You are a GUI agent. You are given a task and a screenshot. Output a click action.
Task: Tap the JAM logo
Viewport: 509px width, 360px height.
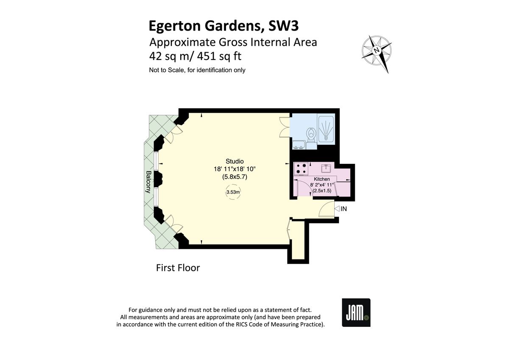[x=356, y=312]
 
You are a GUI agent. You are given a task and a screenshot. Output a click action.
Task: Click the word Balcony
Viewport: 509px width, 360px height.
[x=148, y=182]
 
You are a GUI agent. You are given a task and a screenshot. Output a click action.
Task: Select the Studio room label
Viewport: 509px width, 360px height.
[x=235, y=161]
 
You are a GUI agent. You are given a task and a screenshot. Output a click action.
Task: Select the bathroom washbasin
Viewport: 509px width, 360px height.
[x=298, y=145]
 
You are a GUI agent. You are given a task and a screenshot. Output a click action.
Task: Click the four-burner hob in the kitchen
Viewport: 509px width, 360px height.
[x=302, y=169]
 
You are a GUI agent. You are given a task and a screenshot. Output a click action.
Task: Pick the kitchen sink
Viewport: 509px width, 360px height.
[x=327, y=168]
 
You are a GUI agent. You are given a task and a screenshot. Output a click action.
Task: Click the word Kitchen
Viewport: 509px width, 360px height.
[x=322, y=180]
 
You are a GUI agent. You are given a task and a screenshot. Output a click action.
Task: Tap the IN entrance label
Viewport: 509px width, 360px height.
[x=344, y=209]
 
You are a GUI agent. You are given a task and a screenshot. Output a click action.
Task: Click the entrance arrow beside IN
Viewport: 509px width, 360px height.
[x=337, y=209]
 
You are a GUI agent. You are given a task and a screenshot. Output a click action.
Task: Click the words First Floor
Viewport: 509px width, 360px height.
[x=178, y=268]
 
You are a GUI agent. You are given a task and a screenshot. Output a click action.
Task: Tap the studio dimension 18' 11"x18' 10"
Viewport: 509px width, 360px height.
[x=235, y=169]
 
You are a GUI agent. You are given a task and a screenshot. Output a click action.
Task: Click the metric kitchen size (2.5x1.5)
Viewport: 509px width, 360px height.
[x=322, y=191]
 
